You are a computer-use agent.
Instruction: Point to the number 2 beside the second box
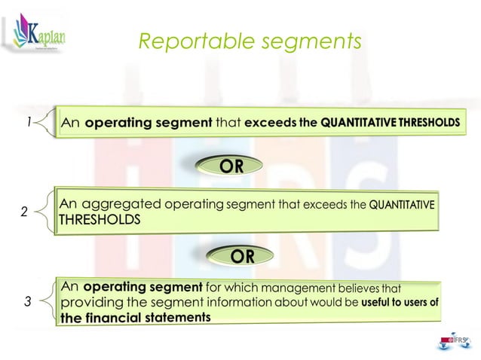(x=23, y=213)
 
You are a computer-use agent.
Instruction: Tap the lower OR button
(x=241, y=256)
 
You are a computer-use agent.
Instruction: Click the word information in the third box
(x=237, y=303)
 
